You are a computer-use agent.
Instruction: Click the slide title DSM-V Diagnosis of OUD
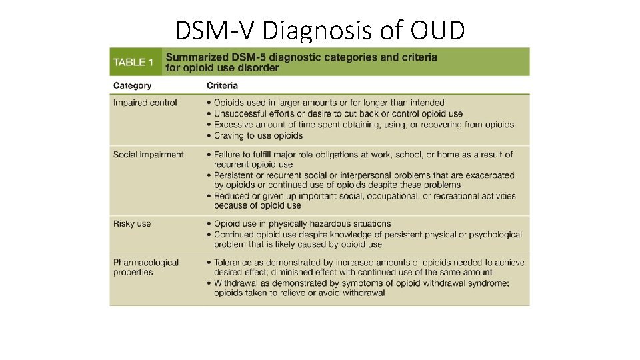pyautogui.click(x=319, y=29)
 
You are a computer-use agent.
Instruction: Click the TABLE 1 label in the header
pyautogui.click(x=133, y=62)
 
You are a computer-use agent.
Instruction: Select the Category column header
pyautogui.click(x=132, y=85)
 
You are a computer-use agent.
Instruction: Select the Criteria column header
pyautogui.click(x=222, y=85)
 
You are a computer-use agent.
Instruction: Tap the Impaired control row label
pyautogui.click(x=145, y=103)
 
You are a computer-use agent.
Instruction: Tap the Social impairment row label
pyautogui.click(x=148, y=155)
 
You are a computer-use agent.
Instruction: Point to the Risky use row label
pyautogui.click(x=132, y=224)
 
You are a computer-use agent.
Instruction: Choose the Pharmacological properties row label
pyautogui.click(x=145, y=267)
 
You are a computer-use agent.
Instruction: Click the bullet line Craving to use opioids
pyautogui.click(x=258, y=135)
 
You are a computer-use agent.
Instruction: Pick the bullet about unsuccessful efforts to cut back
pyautogui.click(x=338, y=113)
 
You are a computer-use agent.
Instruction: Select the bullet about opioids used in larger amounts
pyautogui.click(x=329, y=103)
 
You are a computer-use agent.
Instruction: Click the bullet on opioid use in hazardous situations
pyautogui.click(x=302, y=224)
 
